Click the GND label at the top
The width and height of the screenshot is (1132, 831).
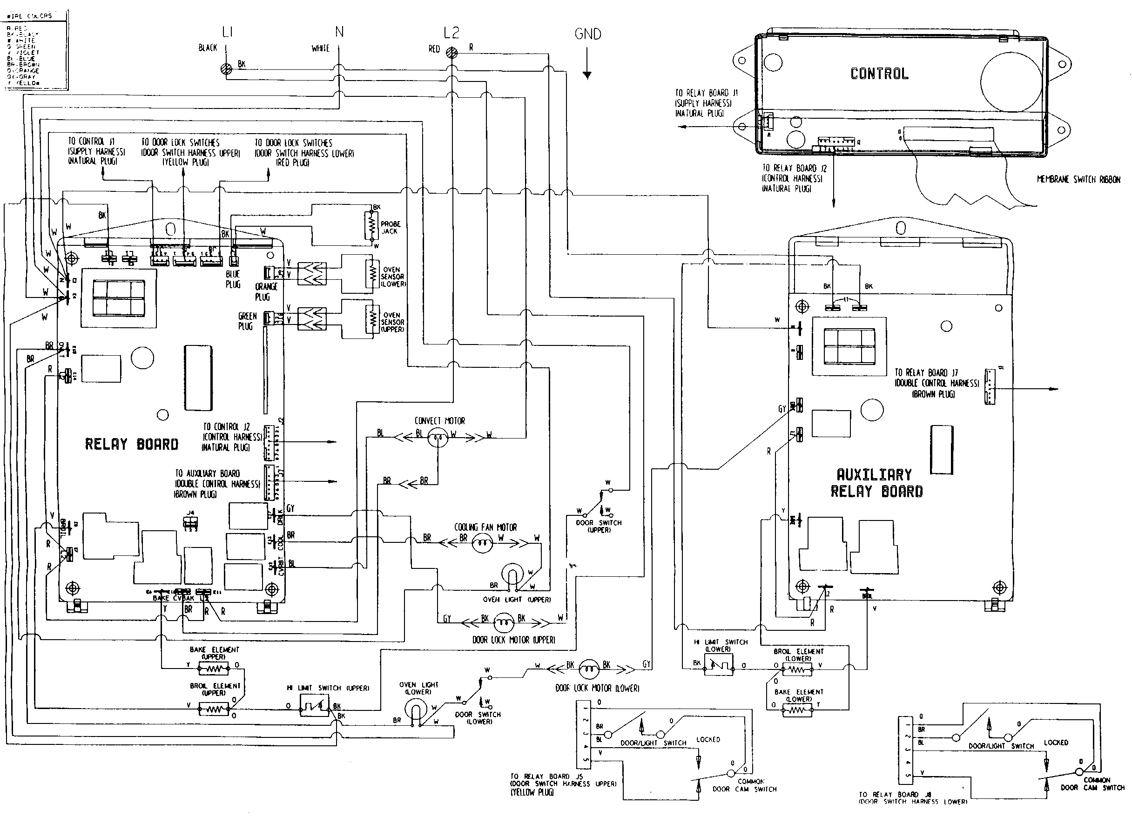pos(587,34)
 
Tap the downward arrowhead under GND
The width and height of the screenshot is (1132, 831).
pos(587,75)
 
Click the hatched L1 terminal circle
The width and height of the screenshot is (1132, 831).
pos(227,69)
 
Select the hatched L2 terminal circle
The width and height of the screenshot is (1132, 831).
pos(452,52)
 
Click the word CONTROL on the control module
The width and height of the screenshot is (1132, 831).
pos(879,74)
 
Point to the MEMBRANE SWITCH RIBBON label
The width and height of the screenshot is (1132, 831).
pos(1078,180)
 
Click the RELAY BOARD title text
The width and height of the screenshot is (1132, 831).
pos(131,444)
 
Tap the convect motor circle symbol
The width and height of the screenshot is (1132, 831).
pos(437,439)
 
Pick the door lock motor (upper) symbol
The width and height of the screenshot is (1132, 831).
pos(503,623)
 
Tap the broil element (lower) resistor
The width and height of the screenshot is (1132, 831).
pos(798,670)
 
